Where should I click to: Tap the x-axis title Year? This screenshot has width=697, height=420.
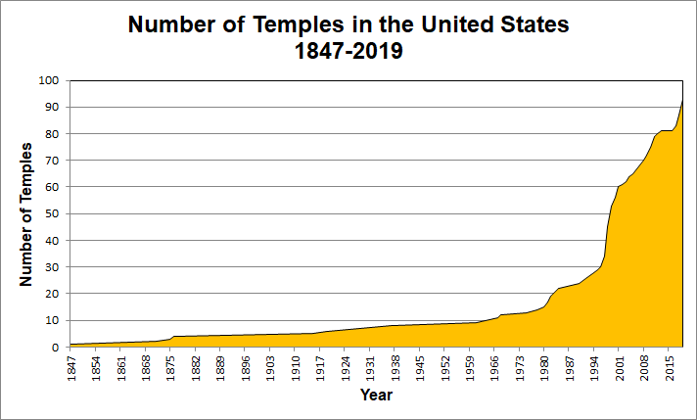(x=376, y=395)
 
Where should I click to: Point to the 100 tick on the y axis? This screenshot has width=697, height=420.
(x=49, y=80)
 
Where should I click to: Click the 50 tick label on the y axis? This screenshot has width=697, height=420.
(x=53, y=213)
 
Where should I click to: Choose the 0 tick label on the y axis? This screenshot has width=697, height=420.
(x=57, y=347)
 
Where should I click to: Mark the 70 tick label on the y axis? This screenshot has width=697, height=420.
(x=53, y=161)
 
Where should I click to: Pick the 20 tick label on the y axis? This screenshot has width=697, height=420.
(x=53, y=294)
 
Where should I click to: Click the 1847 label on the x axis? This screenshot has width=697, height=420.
(x=71, y=367)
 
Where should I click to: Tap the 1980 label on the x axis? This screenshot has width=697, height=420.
(x=545, y=367)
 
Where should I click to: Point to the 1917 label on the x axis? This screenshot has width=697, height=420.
(x=321, y=367)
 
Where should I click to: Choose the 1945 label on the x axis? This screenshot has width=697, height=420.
(x=421, y=367)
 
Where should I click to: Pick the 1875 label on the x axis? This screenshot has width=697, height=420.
(x=171, y=367)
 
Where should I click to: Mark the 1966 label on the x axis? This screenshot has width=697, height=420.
(x=495, y=367)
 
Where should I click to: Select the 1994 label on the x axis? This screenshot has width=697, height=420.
(x=595, y=367)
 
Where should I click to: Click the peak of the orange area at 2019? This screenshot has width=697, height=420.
(x=682, y=100)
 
